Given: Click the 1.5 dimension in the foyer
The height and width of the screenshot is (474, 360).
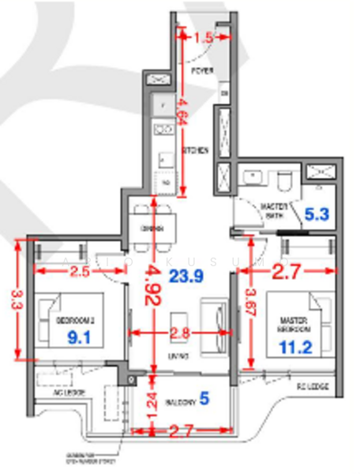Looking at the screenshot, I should (x=203, y=37).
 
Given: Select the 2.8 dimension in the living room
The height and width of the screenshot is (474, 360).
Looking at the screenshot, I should (x=181, y=333).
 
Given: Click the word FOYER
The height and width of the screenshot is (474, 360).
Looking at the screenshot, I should (x=203, y=70).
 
